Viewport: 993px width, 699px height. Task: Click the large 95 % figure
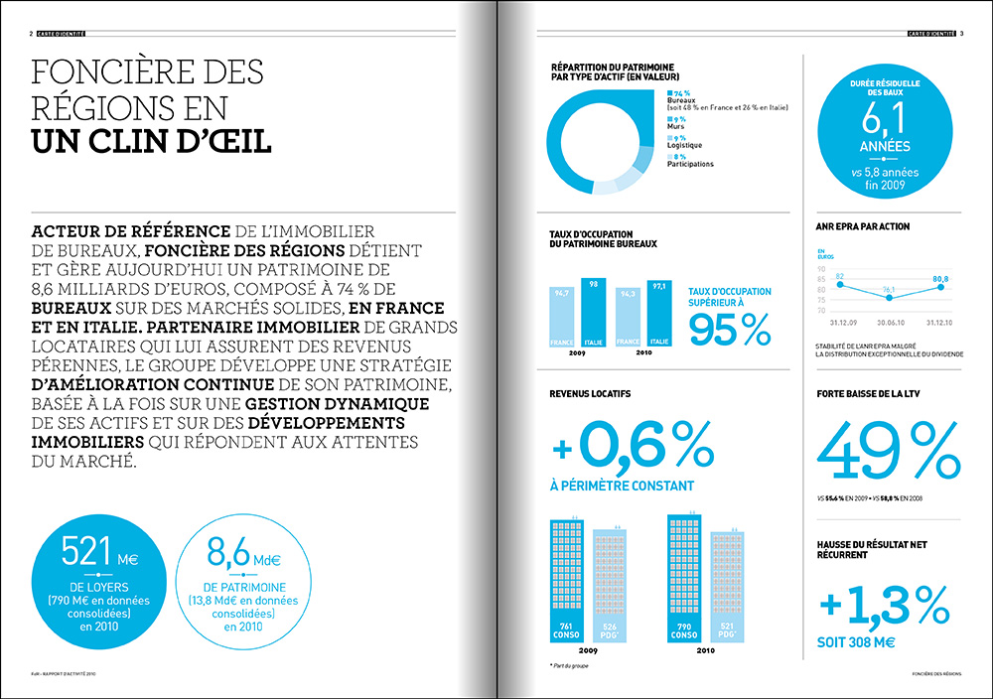[728, 329]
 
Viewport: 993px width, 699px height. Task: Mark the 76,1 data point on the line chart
[888, 298]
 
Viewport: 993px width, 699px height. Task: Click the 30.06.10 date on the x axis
[888, 323]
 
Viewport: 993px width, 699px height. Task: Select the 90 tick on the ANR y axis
[822, 269]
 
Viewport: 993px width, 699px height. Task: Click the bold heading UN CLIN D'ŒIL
[152, 138]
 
